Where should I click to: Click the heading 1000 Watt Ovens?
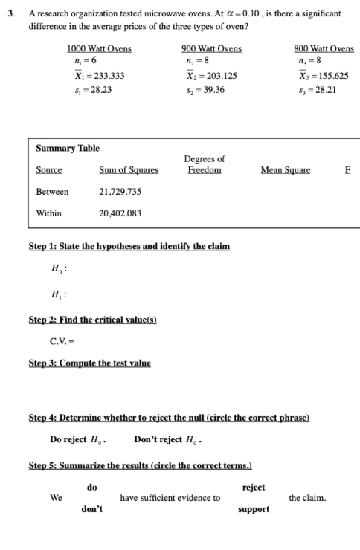[99, 48]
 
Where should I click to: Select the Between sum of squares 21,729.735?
[120, 192]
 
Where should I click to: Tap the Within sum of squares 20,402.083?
[120, 213]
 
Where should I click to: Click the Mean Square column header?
[286, 170]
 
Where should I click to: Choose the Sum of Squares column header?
[129, 170]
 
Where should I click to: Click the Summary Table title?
[68, 149]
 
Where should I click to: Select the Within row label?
[49, 213]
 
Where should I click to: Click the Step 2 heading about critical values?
[92, 320]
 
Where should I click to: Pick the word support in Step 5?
[254, 509]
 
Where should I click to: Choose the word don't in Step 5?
[92, 509]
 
